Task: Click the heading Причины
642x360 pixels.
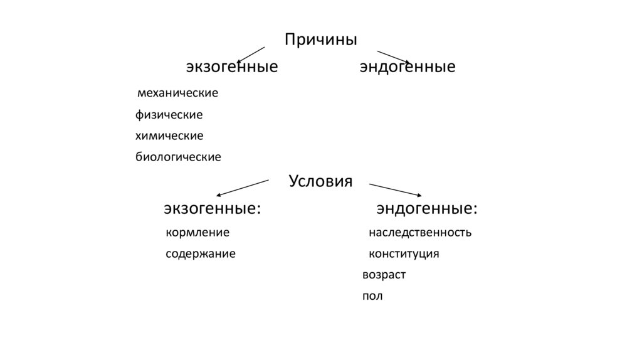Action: click(320, 40)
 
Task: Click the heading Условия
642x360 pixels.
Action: click(320, 181)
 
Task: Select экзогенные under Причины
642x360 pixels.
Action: click(231, 66)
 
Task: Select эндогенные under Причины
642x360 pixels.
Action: click(407, 66)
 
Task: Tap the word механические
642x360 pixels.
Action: click(177, 93)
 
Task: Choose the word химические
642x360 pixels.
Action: click(169, 135)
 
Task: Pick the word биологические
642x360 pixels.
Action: click(178, 157)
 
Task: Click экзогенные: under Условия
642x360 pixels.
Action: click(213, 208)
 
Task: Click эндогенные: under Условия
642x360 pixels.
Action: click(426, 208)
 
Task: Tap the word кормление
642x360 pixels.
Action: click(197, 233)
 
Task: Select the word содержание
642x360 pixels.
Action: click(201, 254)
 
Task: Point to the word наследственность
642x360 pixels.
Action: click(419, 233)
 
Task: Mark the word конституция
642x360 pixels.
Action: click(404, 254)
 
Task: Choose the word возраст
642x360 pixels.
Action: click(384, 275)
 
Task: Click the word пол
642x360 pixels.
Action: click(372, 296)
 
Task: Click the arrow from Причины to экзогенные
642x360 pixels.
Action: click(251, 53)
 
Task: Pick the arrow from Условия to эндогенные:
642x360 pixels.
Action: click(395, 189)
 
